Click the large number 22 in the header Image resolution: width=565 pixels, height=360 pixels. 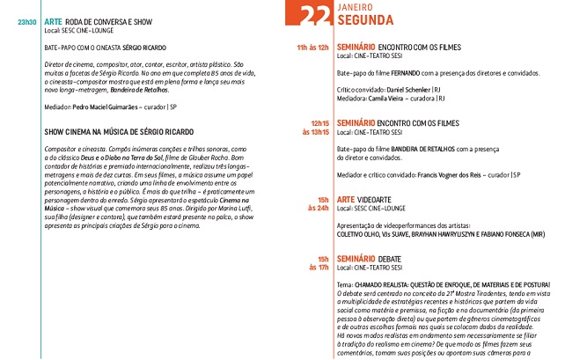316,15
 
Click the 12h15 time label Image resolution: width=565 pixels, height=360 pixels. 320,122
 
